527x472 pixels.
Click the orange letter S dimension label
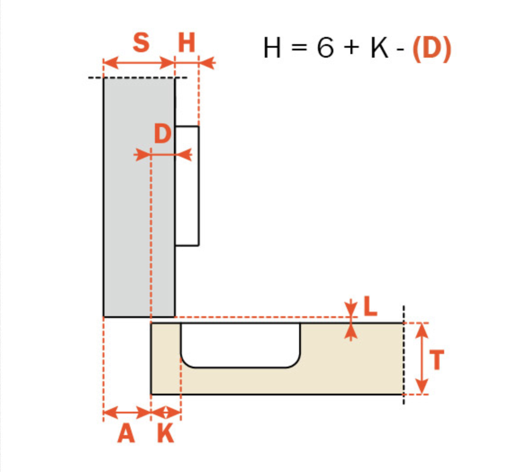tap(141, 43)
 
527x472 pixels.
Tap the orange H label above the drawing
tap(186, 43)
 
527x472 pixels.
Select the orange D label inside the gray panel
tap(163, 133)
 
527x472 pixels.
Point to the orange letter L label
tap(370, 306)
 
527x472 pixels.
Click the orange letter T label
tap(436, 360)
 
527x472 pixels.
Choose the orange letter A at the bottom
tap(126, 433)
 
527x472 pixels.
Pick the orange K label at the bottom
tap(166, 433)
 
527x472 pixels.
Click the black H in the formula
tap(272, 48)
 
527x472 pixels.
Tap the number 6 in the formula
tap(325, 48)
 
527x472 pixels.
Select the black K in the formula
tap(380, 48)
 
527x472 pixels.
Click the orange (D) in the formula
tap(432, 49)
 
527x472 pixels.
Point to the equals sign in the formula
tap(299, 47)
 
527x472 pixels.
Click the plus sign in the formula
tap(352, 48)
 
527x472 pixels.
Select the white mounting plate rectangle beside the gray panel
tap(187, 186)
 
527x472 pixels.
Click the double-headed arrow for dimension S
tap(139, 63)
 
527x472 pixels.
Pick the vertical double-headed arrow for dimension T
tap(422, 359)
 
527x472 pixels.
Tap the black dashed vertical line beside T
tap(404, 355)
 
